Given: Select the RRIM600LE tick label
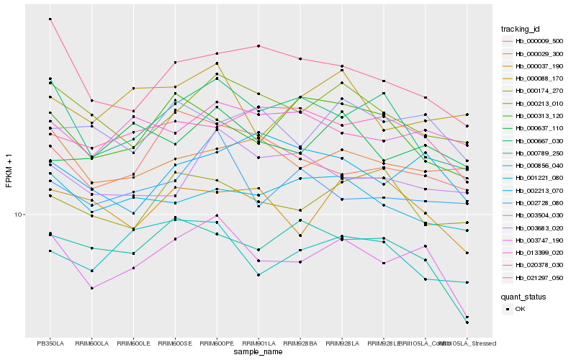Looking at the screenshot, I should [134, 343].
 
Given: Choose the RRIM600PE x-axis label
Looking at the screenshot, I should [217, 343].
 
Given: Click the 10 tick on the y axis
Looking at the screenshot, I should [17, 215].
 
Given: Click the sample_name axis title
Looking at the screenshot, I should [258, 353].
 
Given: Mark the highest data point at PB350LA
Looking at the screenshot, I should [50, 19].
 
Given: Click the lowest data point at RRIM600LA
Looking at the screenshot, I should [92, 288].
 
